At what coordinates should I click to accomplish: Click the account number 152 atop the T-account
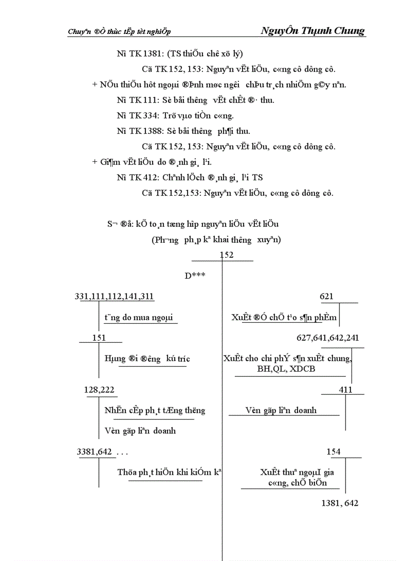pos(226,255)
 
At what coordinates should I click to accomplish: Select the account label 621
pos(326,297)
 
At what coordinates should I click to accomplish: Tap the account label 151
pos(99,338)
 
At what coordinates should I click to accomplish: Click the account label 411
pos(345,390)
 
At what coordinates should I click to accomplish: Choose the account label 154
pos(333,452)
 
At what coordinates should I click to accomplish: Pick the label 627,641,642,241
pos(327,338)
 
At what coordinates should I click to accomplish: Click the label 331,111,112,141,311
pos(114,297)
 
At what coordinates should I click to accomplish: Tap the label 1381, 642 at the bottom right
pos(340,503)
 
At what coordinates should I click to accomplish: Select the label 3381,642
pos(94,452)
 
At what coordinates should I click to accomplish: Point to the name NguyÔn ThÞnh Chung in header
pos(313,30)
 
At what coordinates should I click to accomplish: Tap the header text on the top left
pos(119,31)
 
